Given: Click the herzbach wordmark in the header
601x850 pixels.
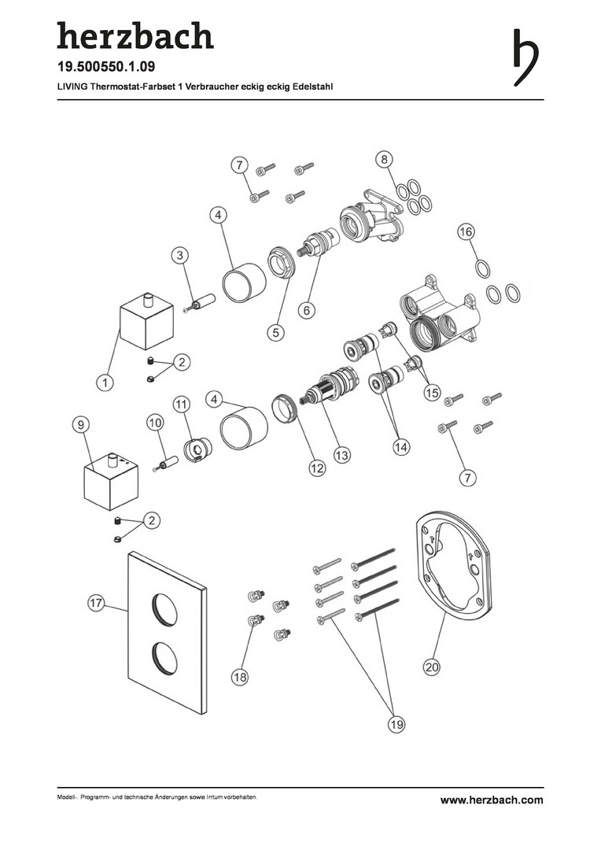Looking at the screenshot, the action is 135,35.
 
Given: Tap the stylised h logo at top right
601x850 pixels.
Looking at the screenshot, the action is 525,57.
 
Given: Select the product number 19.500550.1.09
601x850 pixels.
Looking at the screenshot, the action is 106,67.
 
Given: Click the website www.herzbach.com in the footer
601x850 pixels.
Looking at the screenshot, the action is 492,800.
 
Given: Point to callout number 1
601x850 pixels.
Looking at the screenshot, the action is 105,382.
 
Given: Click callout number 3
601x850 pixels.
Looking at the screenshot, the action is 180,255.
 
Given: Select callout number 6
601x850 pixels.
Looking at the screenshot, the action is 307,310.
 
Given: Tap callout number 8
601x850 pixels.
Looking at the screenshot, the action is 384,159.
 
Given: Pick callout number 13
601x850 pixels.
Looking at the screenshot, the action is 342,455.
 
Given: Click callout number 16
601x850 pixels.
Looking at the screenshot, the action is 466,232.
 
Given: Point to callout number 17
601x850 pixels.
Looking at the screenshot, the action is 97,604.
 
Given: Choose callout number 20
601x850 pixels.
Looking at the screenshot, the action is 432,667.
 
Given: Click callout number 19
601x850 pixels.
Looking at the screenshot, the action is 397,724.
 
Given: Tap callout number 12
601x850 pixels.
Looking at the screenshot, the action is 317,468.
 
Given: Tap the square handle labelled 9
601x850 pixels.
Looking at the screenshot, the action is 111,482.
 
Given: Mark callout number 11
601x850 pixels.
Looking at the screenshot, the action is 182,405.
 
